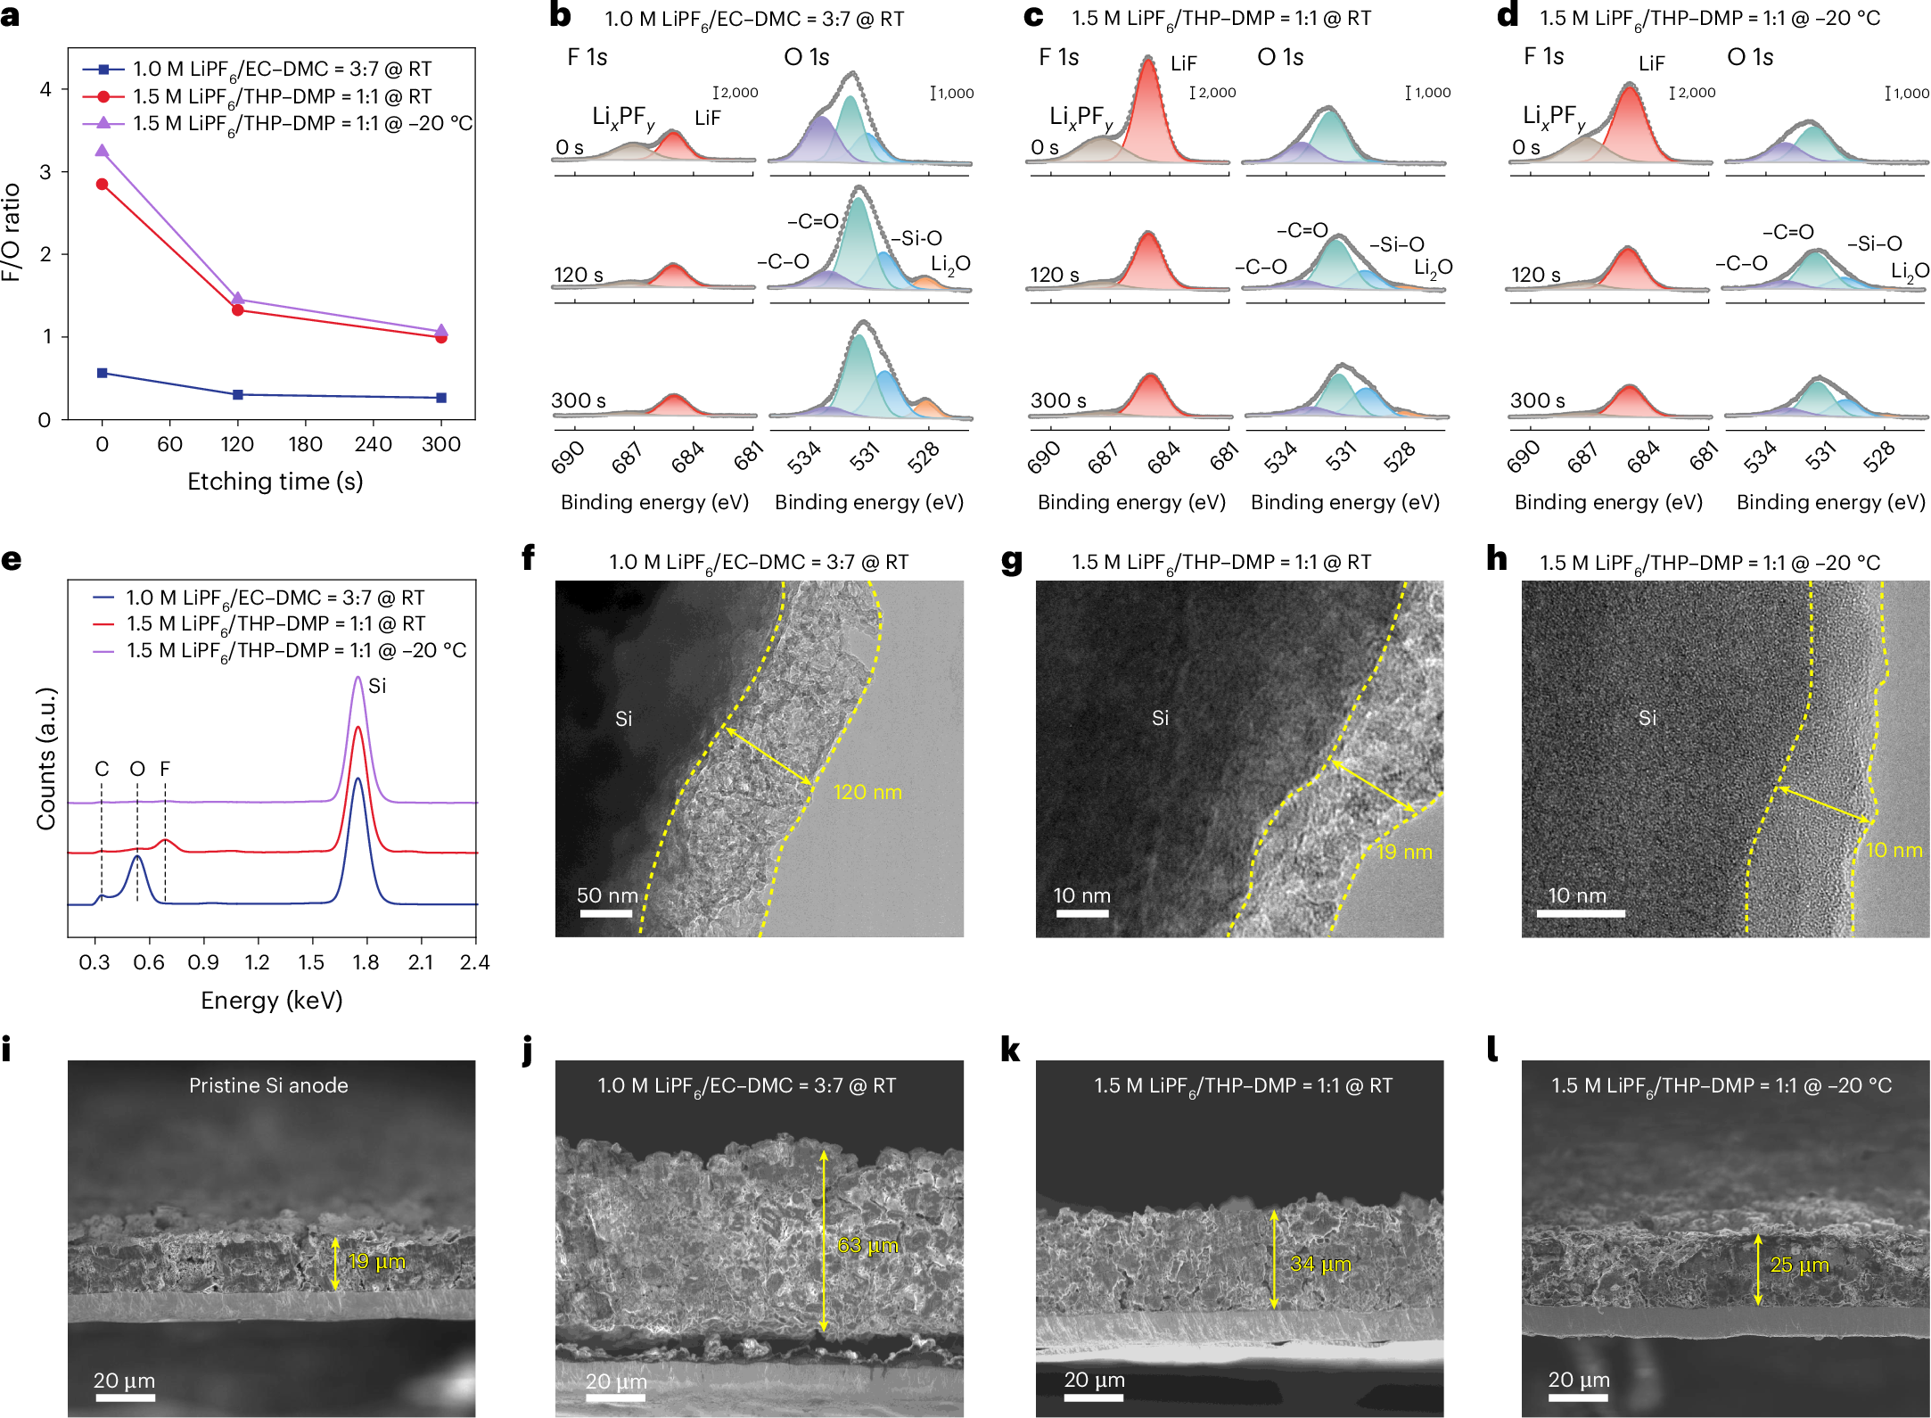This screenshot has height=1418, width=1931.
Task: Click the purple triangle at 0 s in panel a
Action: click(x=103, y=151)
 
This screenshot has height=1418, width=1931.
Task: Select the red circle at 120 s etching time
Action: click(x=238, y=309)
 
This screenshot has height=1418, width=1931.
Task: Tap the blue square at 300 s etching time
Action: click(x=441, y=398)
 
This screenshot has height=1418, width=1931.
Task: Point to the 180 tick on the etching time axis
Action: click(x=305, y=444)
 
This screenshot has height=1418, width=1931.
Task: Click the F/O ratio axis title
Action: click(x=12, y=232)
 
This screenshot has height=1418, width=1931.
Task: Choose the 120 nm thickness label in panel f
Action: click(x=867, y=792)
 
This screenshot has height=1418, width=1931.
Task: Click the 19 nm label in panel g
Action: click(x=1404, y=852)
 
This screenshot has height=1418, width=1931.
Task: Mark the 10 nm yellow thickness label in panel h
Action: click(x=1894, y=850)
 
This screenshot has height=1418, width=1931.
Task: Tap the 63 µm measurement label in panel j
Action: click(x=867, y=1245)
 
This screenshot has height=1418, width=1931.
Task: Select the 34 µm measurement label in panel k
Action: click(x=1320, y=1264)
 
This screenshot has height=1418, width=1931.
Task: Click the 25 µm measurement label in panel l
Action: click(x=1800, y=1265)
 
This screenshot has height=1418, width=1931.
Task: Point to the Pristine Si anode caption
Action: click(x=268, y=1085)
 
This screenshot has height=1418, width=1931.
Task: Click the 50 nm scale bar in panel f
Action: click(x=606, y=913)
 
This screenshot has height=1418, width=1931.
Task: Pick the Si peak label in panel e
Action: click(x=377, y=686)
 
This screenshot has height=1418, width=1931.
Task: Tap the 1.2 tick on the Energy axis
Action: click(x=257, y=962)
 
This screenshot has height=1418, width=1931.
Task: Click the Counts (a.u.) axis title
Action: click(x=46, y=758)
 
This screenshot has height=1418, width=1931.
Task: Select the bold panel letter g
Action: click(x=1012, y=561)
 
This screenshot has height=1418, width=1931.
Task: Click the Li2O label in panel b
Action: click(x=950, y=264)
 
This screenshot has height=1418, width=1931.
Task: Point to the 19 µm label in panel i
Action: click(x=376, y=1261)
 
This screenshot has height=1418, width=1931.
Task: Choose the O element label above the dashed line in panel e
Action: click(x=136, y=769)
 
